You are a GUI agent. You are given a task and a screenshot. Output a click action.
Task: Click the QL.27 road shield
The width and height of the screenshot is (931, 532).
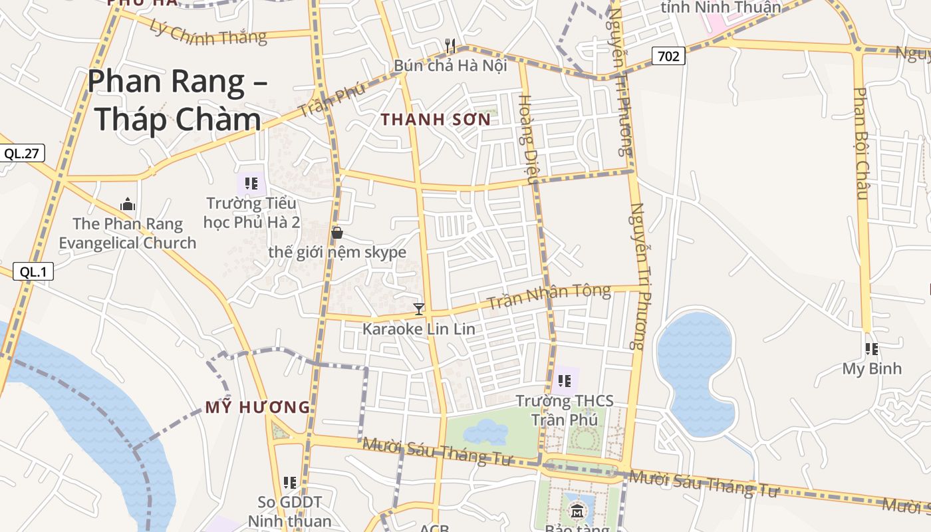click(21, 154)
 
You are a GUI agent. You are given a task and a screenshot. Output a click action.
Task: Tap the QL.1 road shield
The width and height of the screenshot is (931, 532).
click(32, 271)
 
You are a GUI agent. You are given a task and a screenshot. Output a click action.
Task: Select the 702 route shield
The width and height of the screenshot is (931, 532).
click(668, 57)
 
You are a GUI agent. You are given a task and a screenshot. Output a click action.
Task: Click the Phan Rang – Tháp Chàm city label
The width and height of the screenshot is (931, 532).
click(177, 100)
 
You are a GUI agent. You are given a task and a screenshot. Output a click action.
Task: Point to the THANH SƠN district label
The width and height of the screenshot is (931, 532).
click(436, 120)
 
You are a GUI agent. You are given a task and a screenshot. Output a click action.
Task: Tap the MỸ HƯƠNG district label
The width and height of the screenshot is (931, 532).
click(257, 407)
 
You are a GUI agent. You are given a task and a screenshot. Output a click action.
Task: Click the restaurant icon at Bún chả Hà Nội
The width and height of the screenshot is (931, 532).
click(450, 46)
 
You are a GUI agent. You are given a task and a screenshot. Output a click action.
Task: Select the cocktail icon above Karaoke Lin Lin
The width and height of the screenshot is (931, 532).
click(419, 309)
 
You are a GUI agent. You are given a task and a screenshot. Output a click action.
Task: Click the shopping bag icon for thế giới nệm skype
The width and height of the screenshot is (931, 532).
click(337, 232)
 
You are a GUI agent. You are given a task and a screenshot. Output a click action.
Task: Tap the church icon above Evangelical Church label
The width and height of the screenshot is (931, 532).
click(127, 204)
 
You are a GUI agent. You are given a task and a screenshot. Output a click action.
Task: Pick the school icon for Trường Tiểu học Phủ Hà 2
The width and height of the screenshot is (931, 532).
click(251, 183)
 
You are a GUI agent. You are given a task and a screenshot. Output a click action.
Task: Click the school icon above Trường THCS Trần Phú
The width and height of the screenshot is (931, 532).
click(565, 381)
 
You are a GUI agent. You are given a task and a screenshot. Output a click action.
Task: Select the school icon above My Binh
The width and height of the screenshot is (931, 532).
click(871, 348)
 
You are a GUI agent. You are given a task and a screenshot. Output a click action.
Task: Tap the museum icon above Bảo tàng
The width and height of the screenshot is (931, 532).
click(577, 511)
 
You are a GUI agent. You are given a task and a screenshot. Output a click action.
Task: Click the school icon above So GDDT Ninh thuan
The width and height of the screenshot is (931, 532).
click(290, 482)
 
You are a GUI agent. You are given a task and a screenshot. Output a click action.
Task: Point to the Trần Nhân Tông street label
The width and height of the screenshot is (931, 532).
click(549, 297)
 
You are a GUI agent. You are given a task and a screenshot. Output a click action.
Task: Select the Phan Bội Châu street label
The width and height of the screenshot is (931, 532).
click(861, 143)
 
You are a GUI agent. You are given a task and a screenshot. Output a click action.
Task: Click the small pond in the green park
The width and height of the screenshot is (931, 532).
click(485, 432)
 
